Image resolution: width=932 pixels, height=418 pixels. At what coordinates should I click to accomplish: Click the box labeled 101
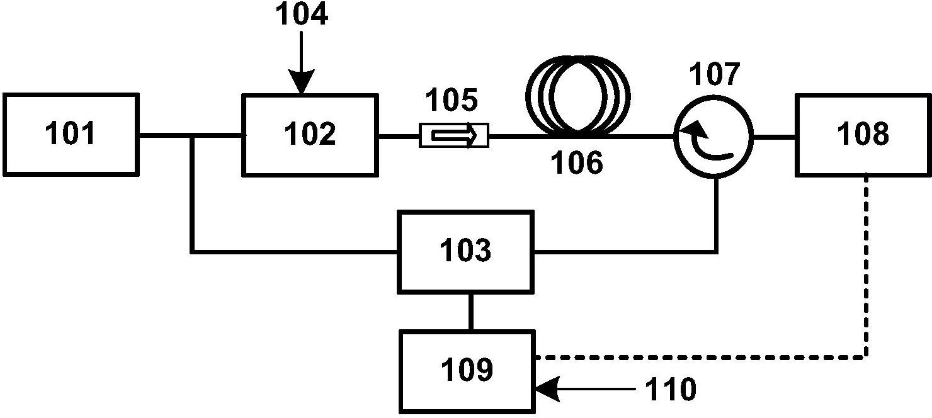(71, 134)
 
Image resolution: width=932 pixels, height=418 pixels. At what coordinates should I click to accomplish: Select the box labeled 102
(310, 134)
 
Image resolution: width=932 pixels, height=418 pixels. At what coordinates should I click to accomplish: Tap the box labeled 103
(465, 251)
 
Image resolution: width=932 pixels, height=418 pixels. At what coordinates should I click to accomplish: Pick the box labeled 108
(863, 134)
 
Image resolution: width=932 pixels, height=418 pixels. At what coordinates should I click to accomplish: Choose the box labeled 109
(467, 371)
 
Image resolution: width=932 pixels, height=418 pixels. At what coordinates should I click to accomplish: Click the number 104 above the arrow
(302, 15)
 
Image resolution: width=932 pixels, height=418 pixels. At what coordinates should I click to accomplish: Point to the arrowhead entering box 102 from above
(302, 84)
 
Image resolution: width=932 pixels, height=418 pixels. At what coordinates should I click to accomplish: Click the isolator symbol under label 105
(453, 135)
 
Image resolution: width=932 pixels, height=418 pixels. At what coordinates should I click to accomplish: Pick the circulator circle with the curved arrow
(713, 135)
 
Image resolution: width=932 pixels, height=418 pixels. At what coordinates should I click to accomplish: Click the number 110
(670, 390)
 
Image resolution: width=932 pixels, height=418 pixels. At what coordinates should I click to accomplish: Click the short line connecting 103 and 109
(470, 311)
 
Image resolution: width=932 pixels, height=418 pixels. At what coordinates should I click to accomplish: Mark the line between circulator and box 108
(774, 135)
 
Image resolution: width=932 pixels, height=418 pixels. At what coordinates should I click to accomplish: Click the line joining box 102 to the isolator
(398, 135)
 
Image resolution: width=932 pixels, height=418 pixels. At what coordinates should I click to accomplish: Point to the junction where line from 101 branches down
(191, 135)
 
